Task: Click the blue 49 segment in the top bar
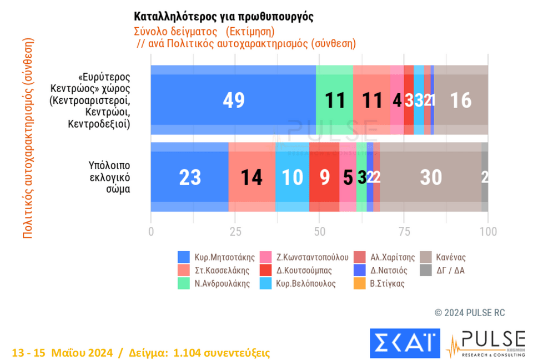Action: click(233, 100)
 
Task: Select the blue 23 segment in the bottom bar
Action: click(190, 177)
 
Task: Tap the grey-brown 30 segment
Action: click(431, 177)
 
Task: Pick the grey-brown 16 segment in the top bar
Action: click(461, 100)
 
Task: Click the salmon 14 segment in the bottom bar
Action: click(252, 177)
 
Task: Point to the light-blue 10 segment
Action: click(292, 177)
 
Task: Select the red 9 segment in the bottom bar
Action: click(324, 177)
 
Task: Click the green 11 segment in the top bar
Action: click(334, 100)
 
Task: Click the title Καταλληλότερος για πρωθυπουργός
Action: click(224, 17)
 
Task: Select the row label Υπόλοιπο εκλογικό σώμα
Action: click(109, 177)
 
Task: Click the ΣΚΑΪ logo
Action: click(405, 343)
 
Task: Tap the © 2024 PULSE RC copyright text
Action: click(469, 313)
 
